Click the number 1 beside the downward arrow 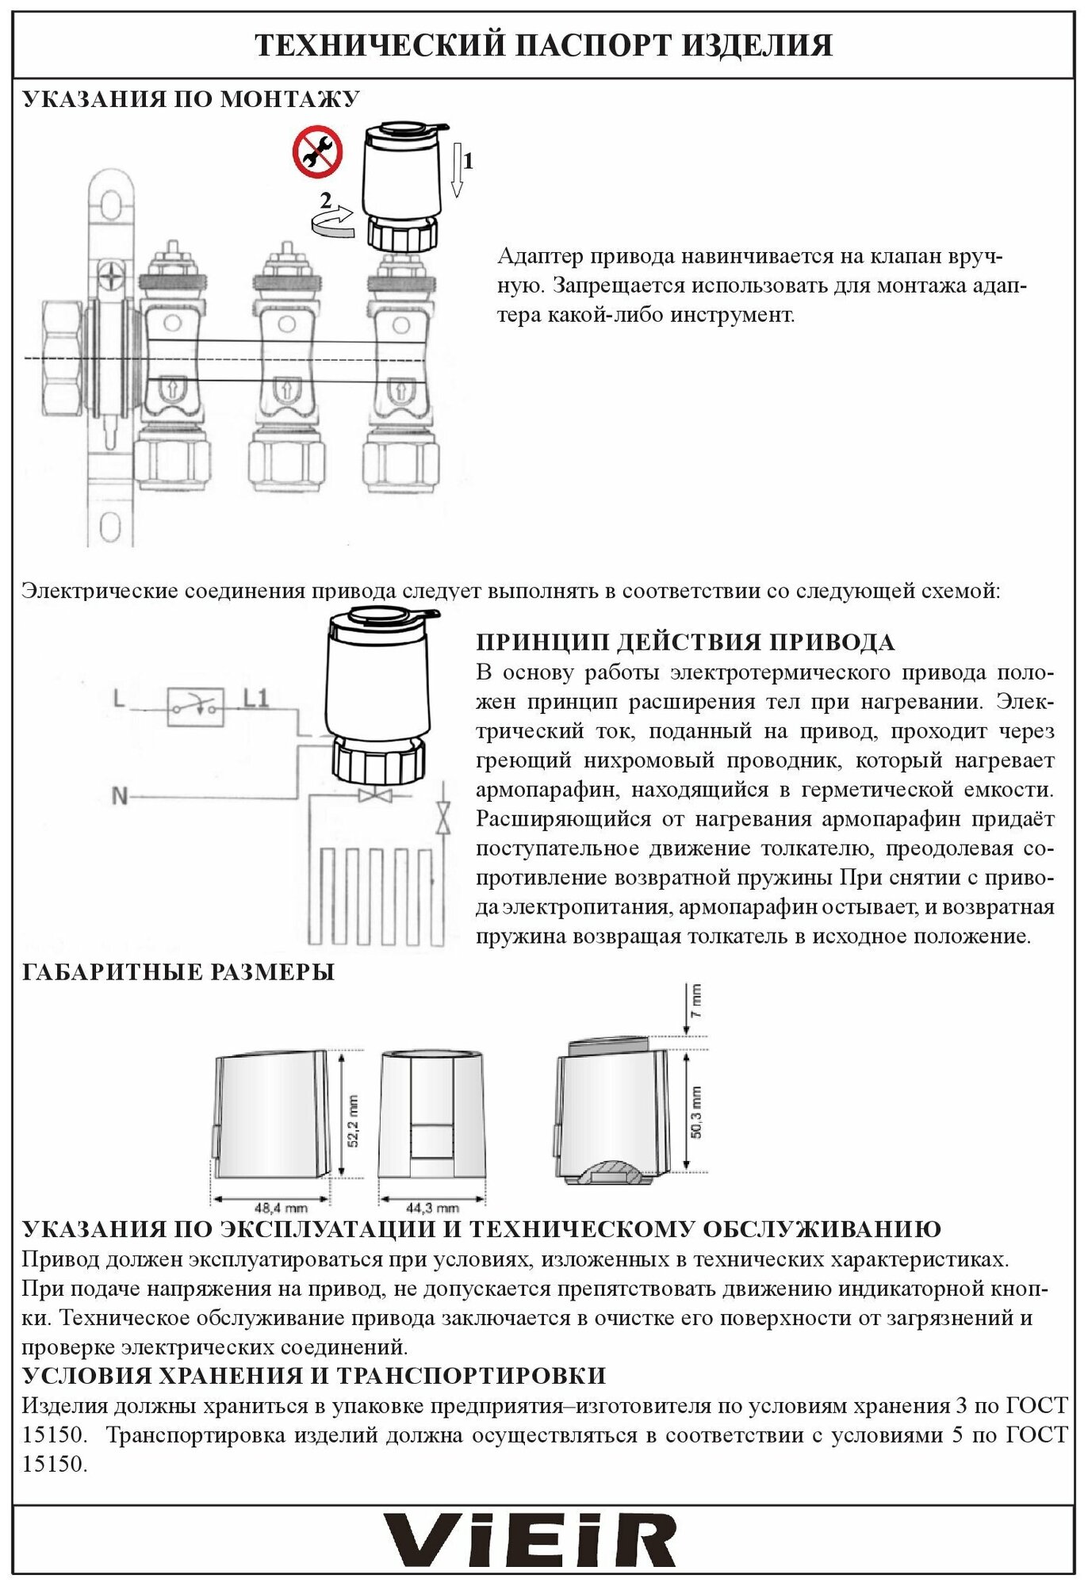coord(468,162)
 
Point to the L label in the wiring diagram coord(119,699)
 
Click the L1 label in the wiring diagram coord(255,699)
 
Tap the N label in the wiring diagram coord(120,795)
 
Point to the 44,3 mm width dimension coord(432,1209)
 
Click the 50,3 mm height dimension coord(695,1112)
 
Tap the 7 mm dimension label coord(695,1001)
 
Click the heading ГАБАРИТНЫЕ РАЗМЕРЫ coord(178,972)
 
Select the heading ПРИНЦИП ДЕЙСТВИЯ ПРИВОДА coord(685,642)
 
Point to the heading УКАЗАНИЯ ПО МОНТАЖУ coord(191,99)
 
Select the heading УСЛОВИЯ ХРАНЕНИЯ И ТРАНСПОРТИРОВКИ coord(313,1375)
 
